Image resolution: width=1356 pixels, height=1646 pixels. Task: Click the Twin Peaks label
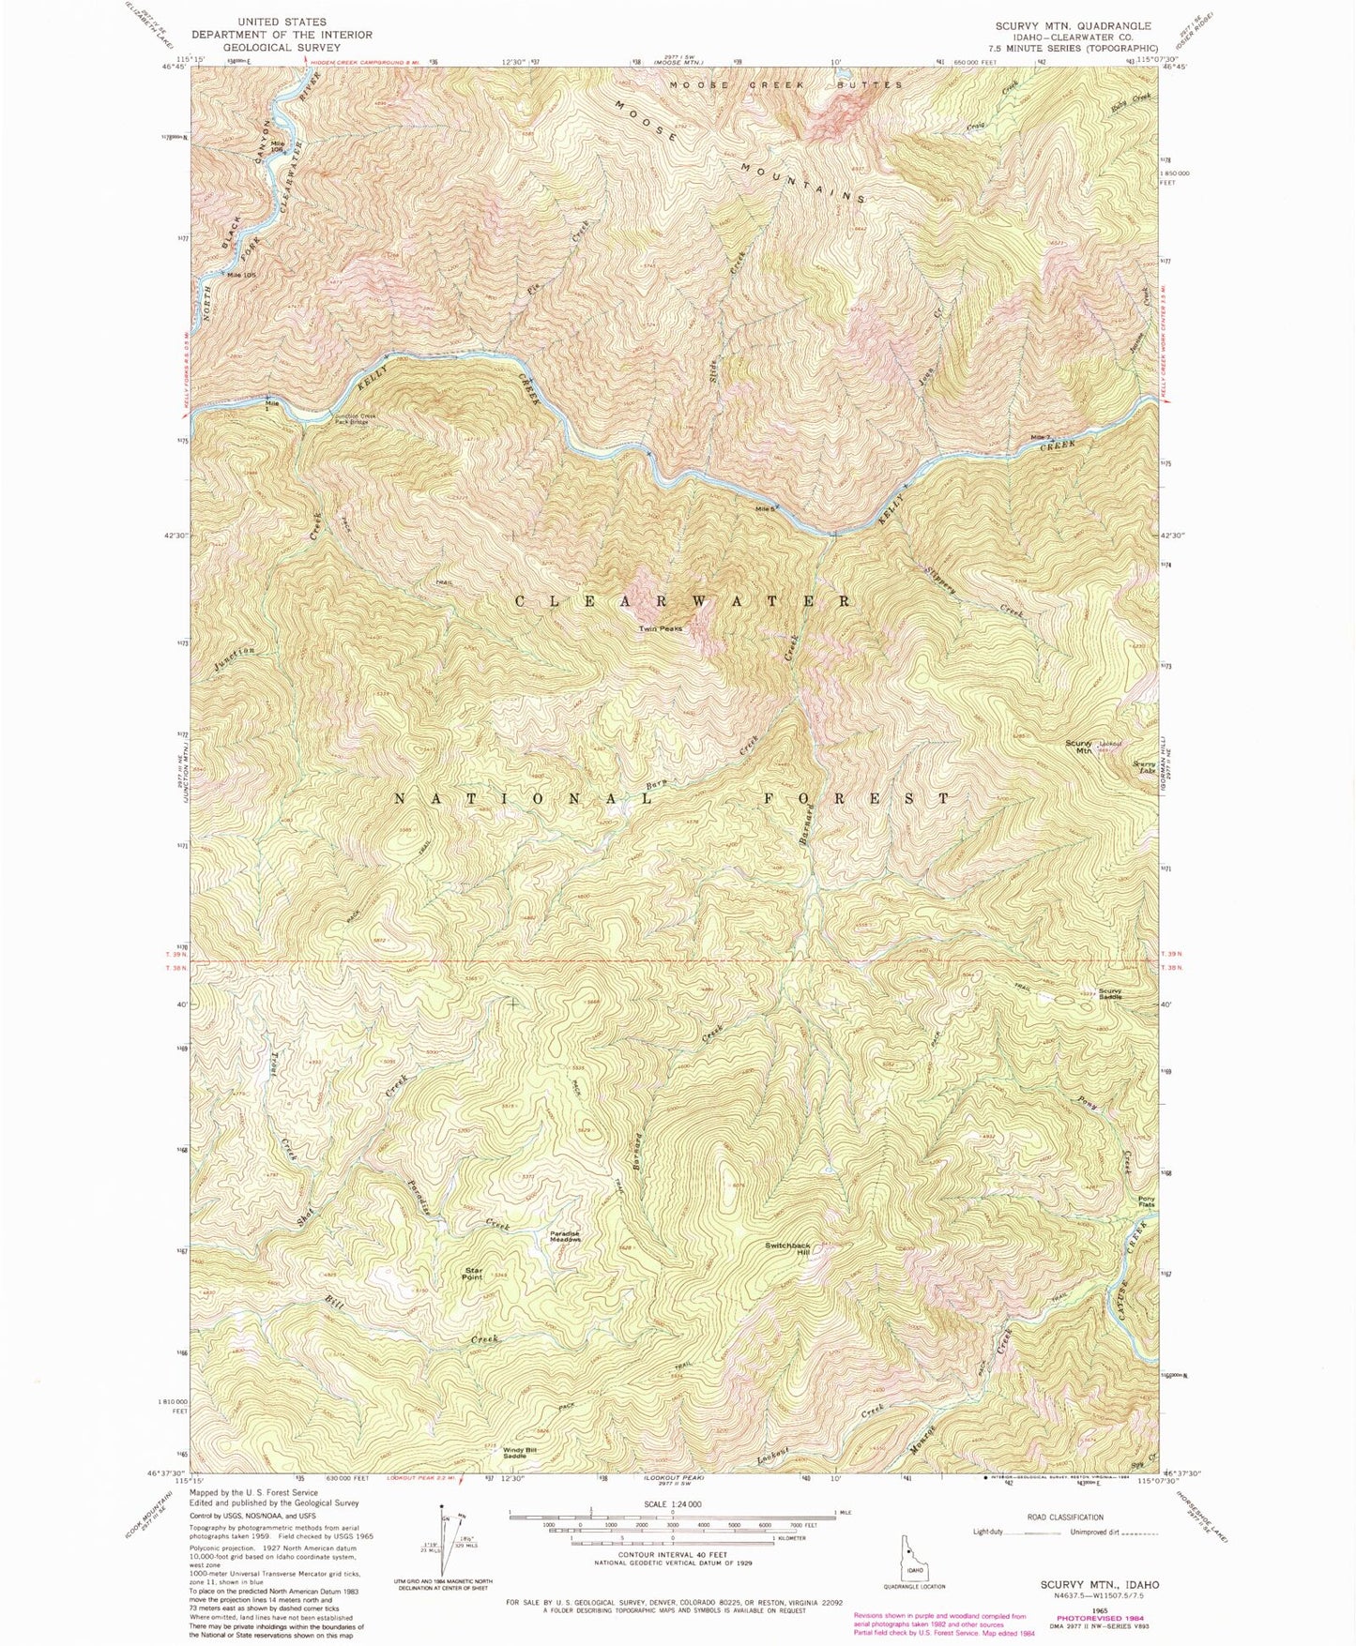coord(661,628)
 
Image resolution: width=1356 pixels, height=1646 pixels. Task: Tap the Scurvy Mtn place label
coord(1078,747)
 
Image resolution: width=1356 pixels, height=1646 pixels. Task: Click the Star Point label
coord(473,1274)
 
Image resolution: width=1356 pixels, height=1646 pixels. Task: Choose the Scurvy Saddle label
coord(1110,993)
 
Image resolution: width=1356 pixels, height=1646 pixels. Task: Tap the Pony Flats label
coord(1146,1201)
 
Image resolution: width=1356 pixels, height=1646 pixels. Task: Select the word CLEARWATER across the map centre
coord(683,601)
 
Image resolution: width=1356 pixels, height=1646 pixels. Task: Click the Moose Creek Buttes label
coord(785,85)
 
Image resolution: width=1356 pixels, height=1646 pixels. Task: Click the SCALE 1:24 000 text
coord(671,1503)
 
